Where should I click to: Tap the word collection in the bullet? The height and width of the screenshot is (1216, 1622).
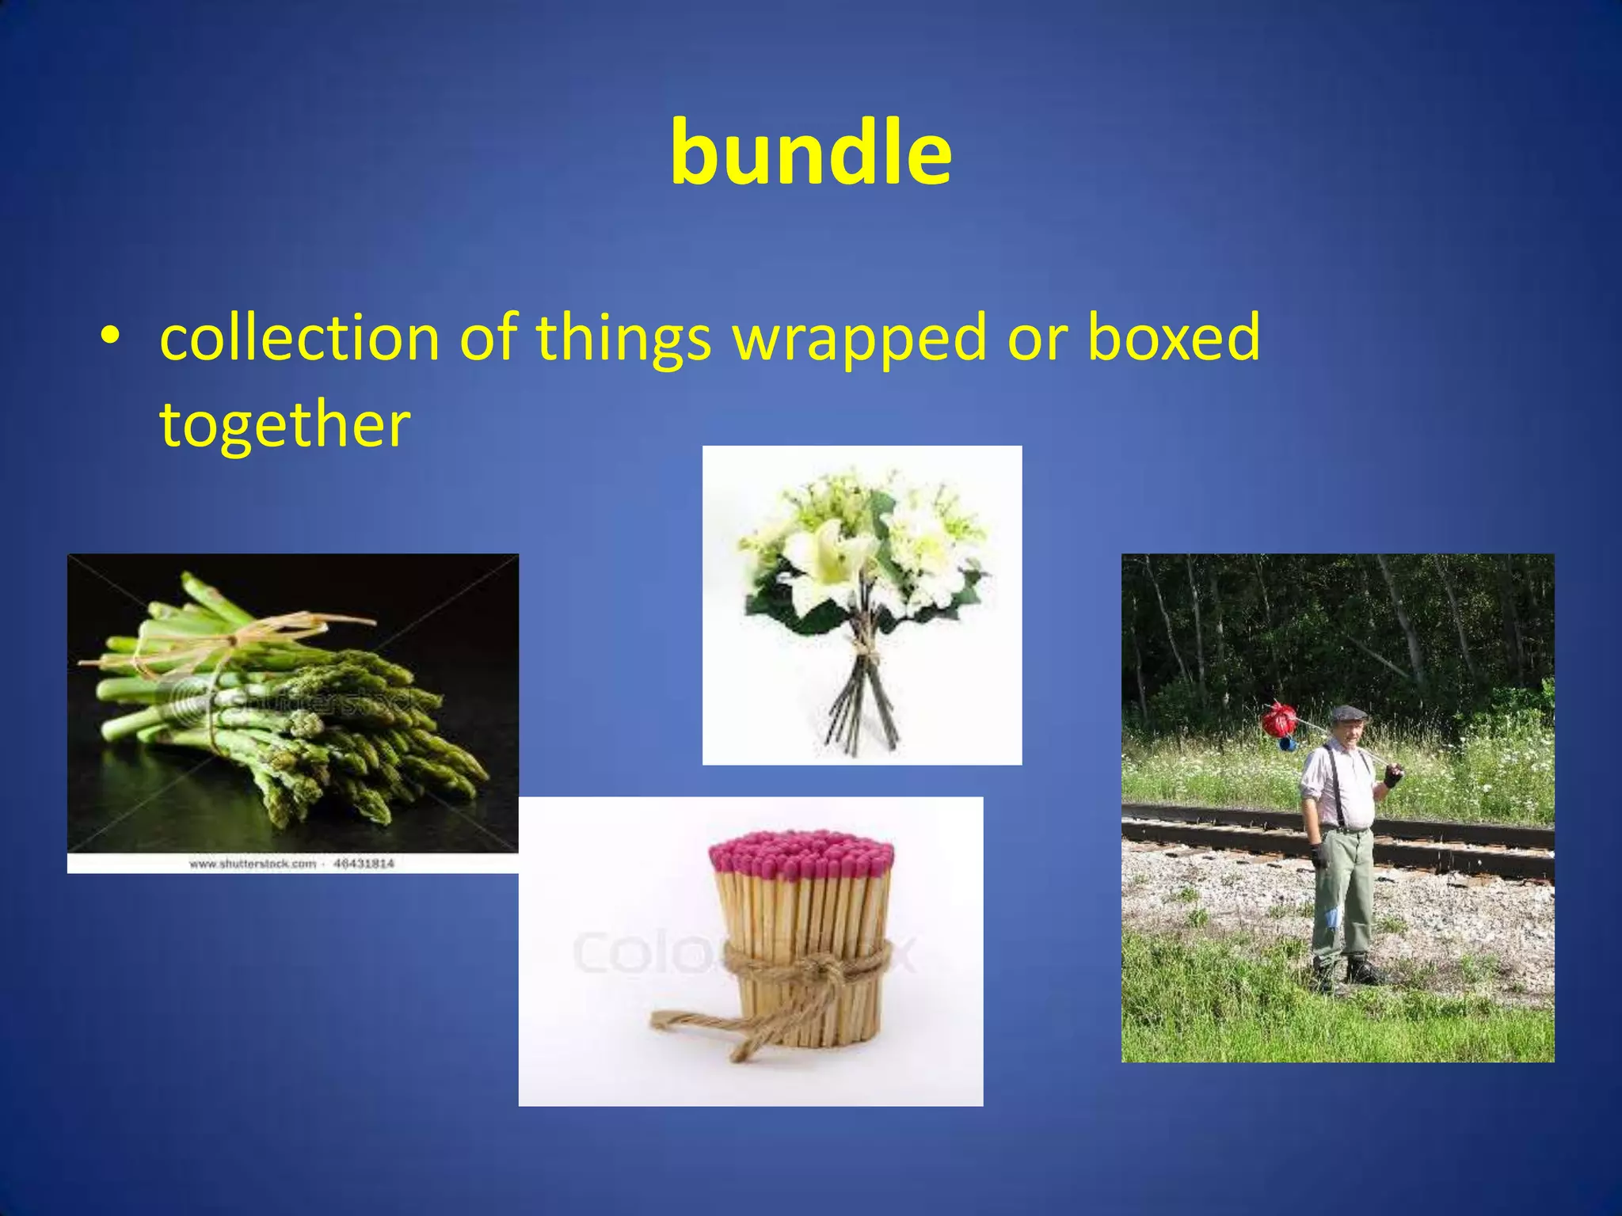tap(299, 337)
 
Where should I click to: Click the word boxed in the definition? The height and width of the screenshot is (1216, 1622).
tap(1173, 337)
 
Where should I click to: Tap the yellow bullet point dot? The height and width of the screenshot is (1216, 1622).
tap(110, 336)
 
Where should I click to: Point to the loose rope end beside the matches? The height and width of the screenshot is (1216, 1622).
tap(697, 1021)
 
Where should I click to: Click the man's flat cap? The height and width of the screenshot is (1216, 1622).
tap(1348, 712)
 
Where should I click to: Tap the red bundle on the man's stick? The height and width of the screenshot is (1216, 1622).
tap(1278, 720)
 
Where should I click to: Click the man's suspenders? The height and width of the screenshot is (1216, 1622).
tap(1338, 784)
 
